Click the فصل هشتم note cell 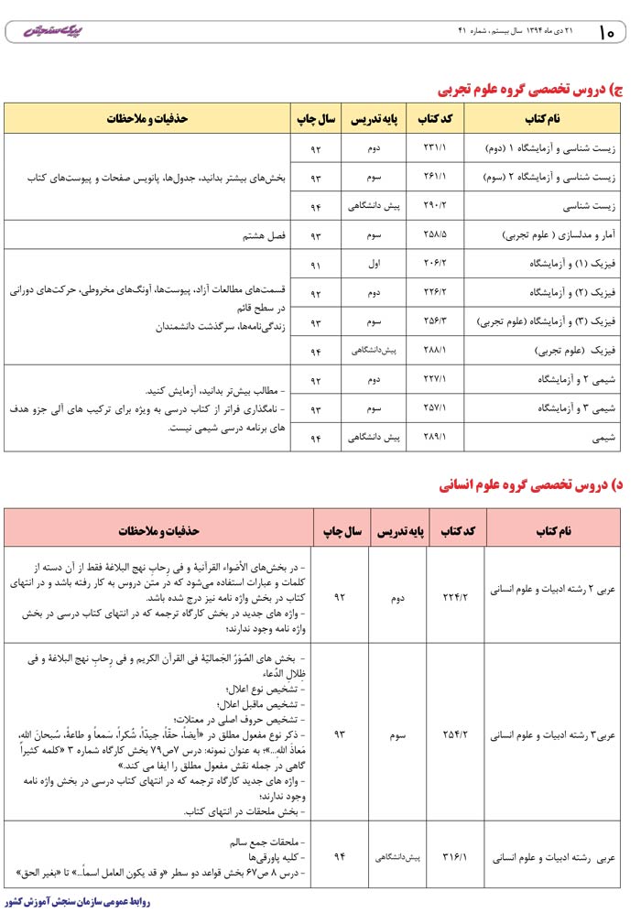(x=265, y=235)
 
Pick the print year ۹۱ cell (x=316, y=264)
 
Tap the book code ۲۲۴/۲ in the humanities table (x=455, y=596)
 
